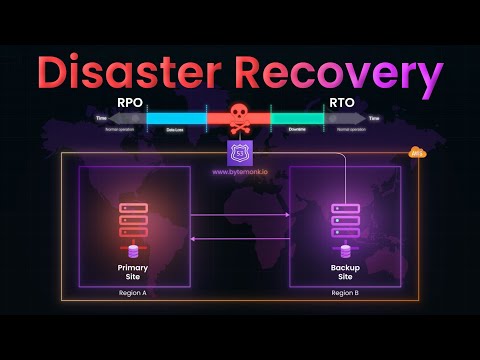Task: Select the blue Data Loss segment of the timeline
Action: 176,118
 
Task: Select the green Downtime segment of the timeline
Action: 297,118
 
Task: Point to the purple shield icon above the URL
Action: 239,152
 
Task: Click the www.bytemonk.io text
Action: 239,172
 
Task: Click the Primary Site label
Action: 132,272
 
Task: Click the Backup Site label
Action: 345,272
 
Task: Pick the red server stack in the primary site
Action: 132,220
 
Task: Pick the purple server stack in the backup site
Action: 345,220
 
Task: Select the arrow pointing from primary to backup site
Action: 240,214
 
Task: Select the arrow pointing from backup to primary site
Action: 240,238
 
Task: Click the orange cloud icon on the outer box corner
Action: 417,153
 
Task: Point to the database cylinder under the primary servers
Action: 132,251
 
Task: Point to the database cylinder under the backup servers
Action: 345,251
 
